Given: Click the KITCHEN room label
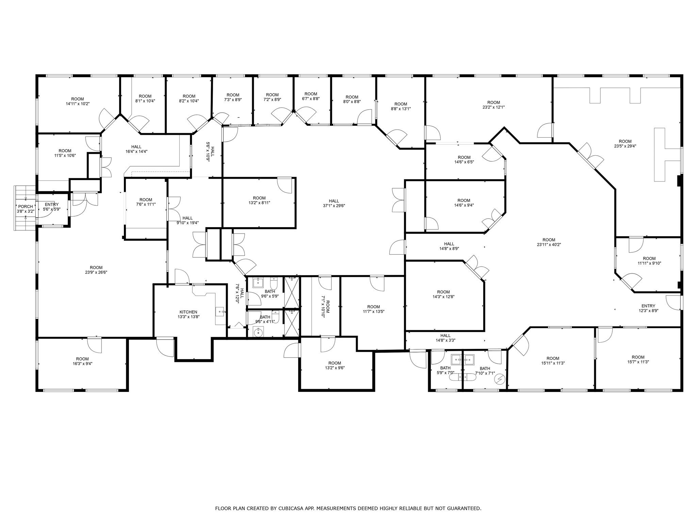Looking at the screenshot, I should [188, 312].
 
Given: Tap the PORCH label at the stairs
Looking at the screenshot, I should [26, 206].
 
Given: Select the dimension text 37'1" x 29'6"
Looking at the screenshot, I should [334, 206].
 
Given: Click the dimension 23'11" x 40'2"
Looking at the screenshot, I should [549, 244].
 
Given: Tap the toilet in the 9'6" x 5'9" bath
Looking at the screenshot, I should [274, 283].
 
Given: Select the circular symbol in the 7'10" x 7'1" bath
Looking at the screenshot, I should [500, 379].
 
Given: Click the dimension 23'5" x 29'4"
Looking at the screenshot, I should [625, 146].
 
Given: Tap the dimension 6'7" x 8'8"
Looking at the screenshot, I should [310, 98].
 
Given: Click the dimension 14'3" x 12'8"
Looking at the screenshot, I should [443, 297].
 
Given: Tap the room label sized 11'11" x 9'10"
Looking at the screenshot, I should [649, 258].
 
